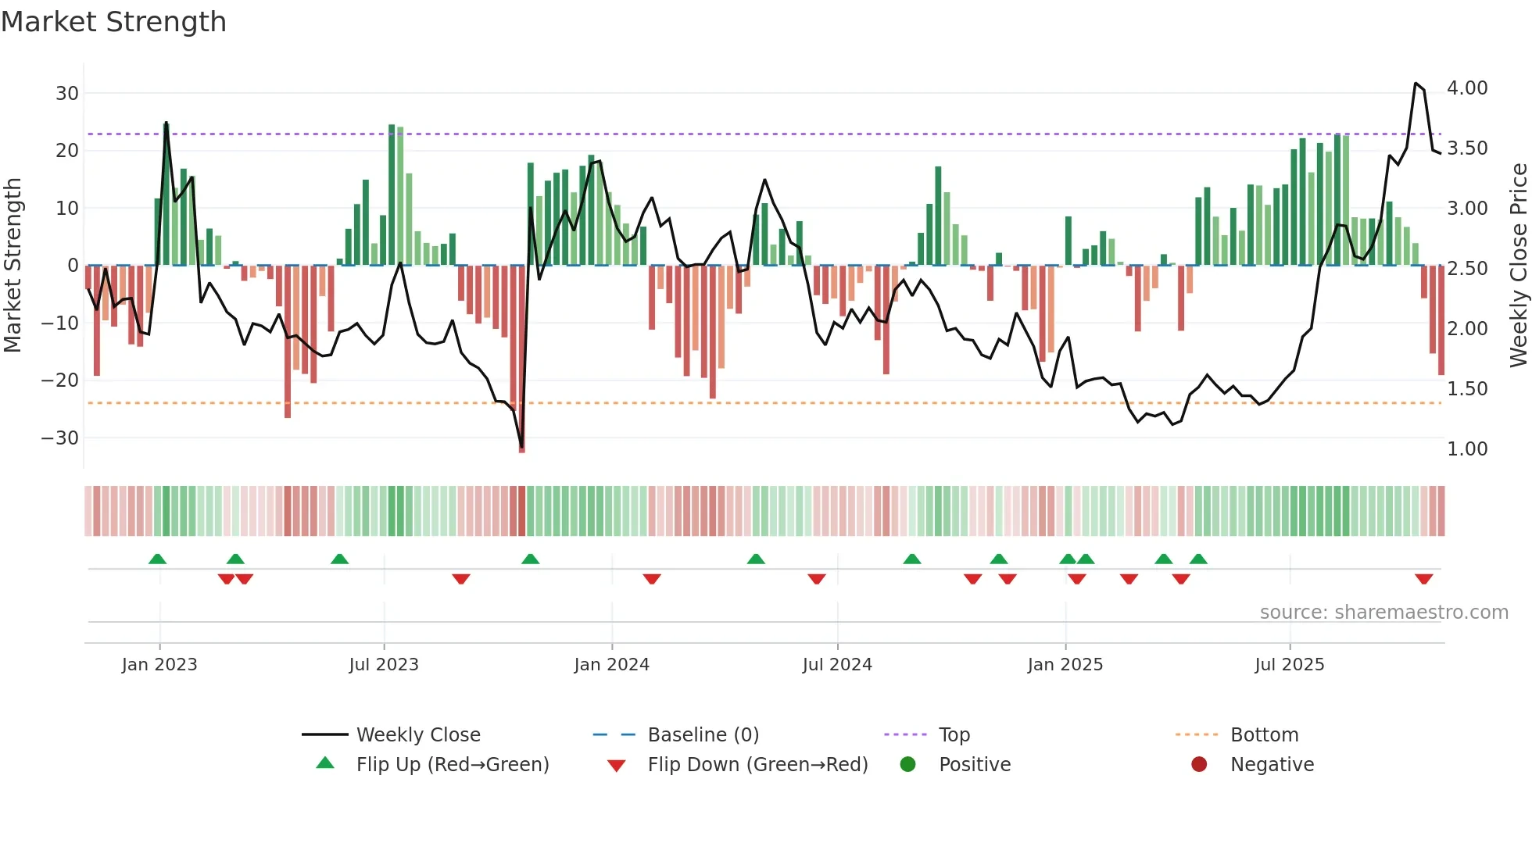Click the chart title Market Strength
point(113,22)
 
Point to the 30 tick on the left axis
point(67,94)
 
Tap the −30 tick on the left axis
point(61,438)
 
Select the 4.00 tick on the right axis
point(1467,88)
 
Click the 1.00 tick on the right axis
point(1467,449)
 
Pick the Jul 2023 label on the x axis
point(384,665)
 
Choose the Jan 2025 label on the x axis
point(1065,665)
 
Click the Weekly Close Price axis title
point(1518,266)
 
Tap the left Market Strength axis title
point(13,266)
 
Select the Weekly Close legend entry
point(418,735)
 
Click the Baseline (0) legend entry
point(703,735)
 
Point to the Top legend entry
point(954,735)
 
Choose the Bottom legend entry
point(1264,735)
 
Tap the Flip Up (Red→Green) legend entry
point(452,765)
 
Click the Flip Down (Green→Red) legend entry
point(757,765)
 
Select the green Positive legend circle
point(907,764)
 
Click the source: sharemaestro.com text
point(1383,613)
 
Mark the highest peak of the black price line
point(1416,83)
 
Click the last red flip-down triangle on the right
point(1423,579)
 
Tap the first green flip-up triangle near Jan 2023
point(157,559)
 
